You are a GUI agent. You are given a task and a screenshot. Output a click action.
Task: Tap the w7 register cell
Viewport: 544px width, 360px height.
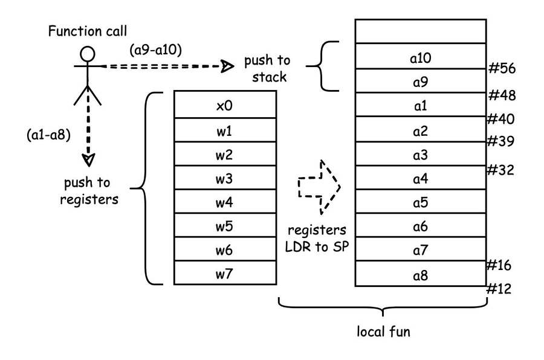coord(225,274)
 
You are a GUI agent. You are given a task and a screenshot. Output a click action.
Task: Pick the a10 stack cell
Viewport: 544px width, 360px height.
coord(420,58)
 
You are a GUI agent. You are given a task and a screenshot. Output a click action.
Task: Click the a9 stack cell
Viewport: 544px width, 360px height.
coord(420,81)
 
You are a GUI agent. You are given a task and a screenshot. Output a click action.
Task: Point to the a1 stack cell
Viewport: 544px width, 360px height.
coord(420,106)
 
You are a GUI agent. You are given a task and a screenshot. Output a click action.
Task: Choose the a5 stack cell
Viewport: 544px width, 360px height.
coord(420,202)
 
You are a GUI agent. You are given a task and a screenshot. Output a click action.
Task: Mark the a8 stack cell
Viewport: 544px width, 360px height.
coord(420,275)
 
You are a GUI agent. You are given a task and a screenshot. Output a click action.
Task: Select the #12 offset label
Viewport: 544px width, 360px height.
coord(499,289)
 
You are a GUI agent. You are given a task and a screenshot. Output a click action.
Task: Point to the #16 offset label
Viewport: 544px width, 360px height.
coord(499,265)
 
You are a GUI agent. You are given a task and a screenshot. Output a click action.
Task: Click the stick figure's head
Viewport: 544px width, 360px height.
coord(88,53)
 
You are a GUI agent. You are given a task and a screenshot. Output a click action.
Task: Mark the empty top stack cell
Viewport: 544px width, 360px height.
coord(420,31)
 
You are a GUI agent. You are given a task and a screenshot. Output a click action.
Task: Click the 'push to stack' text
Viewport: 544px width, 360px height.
coord(267,68)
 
